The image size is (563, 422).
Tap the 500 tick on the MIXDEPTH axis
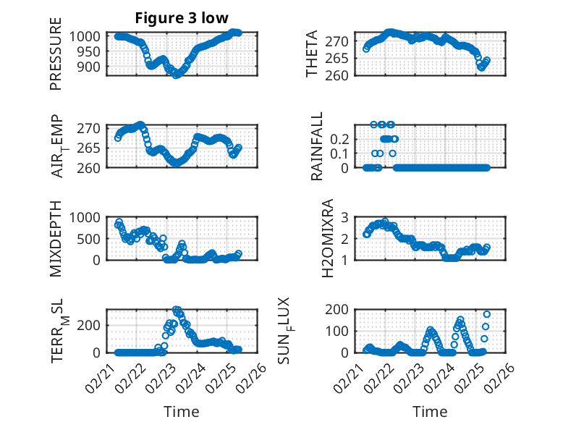coord(92,238)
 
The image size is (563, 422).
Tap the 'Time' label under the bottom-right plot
coord(430,412)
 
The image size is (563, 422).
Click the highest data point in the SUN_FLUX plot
coord(486,314)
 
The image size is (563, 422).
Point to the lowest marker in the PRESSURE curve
coord(176,74)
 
